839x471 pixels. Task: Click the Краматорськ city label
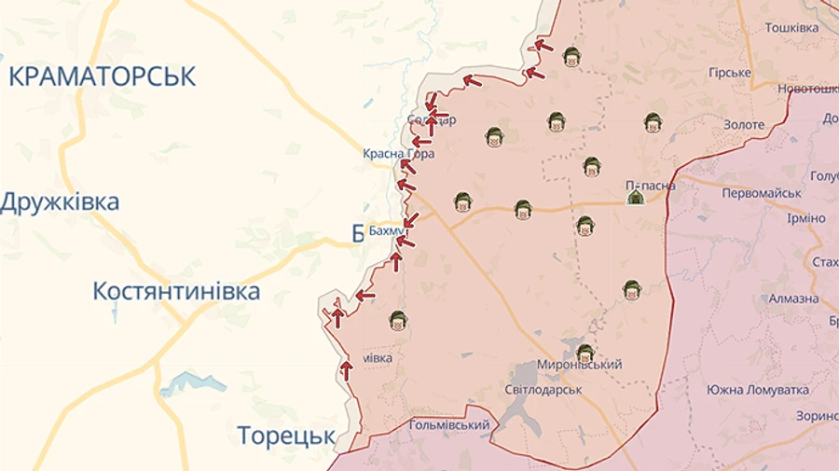point(103,76)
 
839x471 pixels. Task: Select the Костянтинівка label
point(176,291)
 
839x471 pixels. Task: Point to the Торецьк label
point(285,436)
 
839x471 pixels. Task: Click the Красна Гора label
point(398,154)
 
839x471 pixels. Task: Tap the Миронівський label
point(579,365)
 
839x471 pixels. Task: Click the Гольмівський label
point(449,425)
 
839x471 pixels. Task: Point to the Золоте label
point(743,125)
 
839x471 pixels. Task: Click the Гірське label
point(729,73)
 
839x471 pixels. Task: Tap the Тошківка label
point(791,28)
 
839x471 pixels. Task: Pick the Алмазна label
point(793,298)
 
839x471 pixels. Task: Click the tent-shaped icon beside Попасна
point(635,196)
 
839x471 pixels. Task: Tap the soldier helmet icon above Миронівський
point(585,353)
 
